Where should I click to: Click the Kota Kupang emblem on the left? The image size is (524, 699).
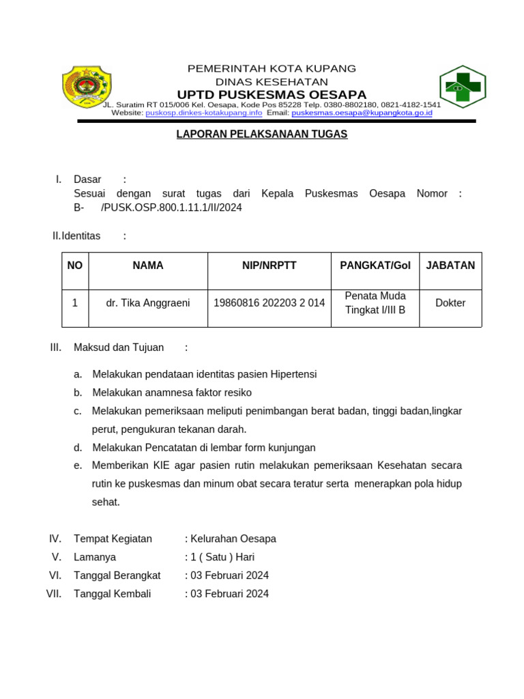[x=86, y=87]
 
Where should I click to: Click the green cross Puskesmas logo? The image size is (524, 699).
[x=463, y=87]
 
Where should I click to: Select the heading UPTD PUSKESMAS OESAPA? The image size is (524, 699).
[x=272, y=94]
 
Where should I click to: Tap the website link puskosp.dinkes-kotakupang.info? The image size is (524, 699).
[x=203, y=113]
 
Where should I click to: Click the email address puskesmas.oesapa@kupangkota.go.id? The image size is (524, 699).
[x=362, y=113]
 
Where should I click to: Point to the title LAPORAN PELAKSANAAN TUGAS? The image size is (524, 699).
[x=262, y=134]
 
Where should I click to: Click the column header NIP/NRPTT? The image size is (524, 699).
[x=269, y=266]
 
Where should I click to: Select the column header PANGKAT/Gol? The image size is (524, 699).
[x=375, y=266]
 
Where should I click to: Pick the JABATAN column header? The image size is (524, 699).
[x=450, y=266]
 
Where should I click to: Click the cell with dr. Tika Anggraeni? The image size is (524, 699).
[x=148, y=303]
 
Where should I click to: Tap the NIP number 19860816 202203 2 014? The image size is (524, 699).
[x=269, y=303]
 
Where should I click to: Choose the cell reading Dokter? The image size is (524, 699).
[x=450, y=303]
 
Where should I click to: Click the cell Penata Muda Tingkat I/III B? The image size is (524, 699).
[x=375, y=303]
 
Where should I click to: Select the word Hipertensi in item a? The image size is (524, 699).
[x=293, y=375]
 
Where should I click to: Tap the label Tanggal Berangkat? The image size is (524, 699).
[x=117, y=575]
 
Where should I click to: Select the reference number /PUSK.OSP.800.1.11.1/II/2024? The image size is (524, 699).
[x=171, y=208]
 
